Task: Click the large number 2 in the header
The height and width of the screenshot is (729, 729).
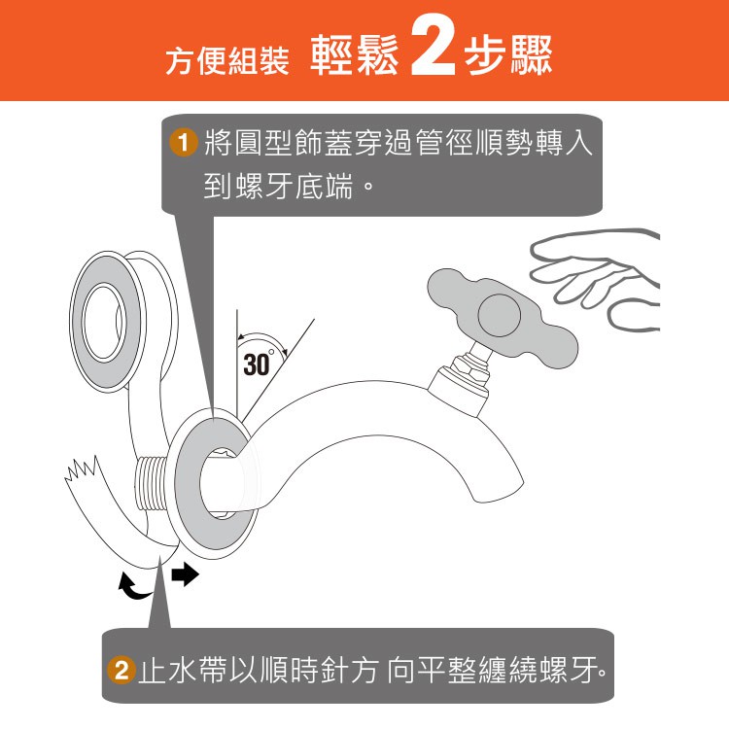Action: click(x=434, y=48)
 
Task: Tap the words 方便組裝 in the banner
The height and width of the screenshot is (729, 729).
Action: click(x=227, y=60)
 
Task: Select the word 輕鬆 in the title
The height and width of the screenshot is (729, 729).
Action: click(x=354, y=54)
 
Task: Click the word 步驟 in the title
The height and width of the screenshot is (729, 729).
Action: click(x=508, y=54)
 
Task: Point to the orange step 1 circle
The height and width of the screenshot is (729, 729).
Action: click(x=183, y=142)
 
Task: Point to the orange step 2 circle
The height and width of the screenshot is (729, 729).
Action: click(x=121, y=671)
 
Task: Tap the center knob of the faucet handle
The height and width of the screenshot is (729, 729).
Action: click(x=500, y=315)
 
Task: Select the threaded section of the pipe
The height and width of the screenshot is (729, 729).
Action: click(x=150, y=485)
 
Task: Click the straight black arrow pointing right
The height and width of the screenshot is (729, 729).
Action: click(x=185, y=574)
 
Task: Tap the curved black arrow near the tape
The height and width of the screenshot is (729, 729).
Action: click(x=133, y=586)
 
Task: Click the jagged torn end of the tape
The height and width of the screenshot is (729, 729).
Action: click(x=83, y=469)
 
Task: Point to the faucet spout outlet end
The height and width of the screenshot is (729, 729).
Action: click(x=498, y=489)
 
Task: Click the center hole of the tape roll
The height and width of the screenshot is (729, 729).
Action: click(x=103, y=322)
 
